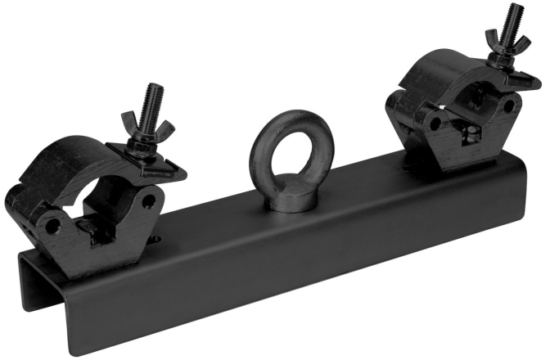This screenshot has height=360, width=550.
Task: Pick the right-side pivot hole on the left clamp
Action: (148, 200)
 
